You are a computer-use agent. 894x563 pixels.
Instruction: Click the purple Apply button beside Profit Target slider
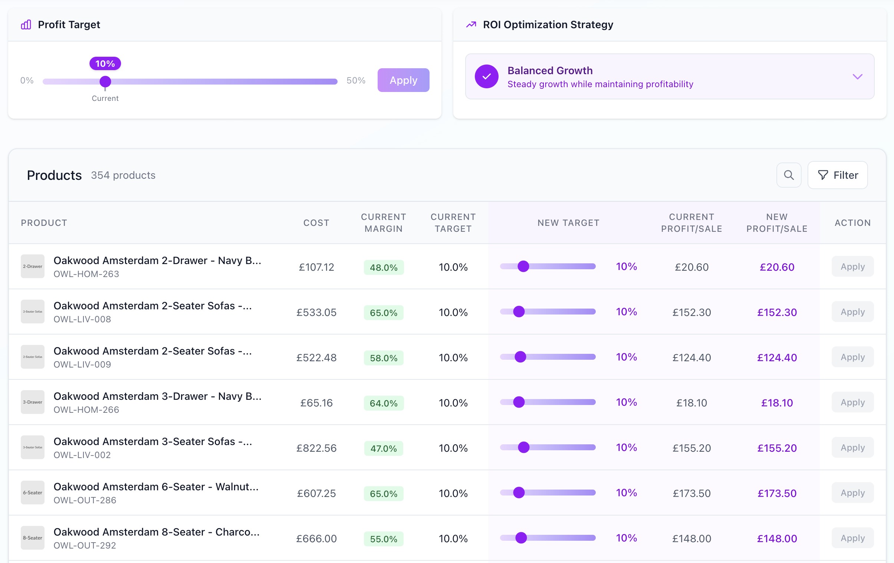403,80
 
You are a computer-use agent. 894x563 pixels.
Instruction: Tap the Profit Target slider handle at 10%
105,81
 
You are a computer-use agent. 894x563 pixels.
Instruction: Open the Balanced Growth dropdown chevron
857,77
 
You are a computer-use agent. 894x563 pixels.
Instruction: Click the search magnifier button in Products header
789,175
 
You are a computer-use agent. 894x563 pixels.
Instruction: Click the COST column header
316,223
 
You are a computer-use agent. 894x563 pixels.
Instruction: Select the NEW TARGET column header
568,223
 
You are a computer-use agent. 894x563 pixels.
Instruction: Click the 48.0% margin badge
384,267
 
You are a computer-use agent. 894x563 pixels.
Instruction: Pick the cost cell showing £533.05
316,313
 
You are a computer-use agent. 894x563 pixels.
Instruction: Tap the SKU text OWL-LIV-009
82,365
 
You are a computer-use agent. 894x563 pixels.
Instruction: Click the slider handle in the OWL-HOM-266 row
519,402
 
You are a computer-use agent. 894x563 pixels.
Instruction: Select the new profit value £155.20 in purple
777,448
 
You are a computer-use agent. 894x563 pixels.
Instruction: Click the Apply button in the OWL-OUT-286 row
852,493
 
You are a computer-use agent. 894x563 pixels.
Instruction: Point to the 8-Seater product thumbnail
33,538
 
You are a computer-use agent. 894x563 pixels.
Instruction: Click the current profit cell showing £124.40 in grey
691,358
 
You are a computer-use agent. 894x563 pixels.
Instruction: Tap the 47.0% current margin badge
384,448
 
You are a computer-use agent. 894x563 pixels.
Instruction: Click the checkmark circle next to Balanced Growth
486,77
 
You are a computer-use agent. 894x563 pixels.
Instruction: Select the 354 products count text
123,175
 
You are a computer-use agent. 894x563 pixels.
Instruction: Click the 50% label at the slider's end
356,80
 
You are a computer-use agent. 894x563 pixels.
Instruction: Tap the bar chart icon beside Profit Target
26,25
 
